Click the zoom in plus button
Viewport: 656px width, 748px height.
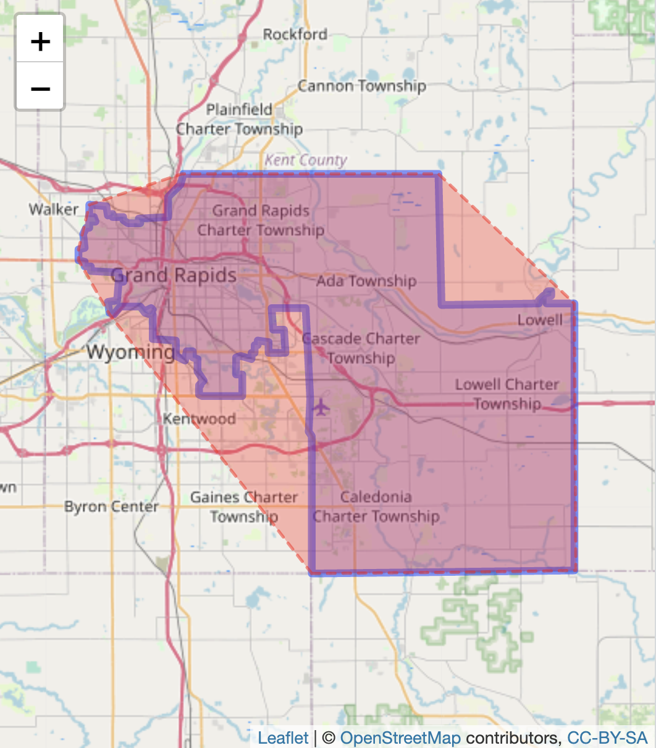[x=40, y=41]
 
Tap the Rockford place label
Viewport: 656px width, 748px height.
[x=295, y=35]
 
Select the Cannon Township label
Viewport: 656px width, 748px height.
[x=361, y=86]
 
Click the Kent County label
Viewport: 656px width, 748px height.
[x=306, y=160]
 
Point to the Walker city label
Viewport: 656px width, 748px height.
[x=54, y=209]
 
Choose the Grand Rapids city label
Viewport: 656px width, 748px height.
[x=174, y=275]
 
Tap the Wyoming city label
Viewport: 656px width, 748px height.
[x=130, y=352]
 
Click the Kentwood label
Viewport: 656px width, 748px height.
[x=199, y=419]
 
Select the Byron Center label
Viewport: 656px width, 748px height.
[x=111, y=507]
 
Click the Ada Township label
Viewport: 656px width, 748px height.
[x=366, y=281]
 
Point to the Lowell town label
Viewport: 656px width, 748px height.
[x=540, y=320]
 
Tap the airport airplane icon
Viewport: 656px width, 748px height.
[x=321, y=407]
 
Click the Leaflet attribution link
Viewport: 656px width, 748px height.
[x=283, y=738]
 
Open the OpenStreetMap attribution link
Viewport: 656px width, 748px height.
[x=400, y=738]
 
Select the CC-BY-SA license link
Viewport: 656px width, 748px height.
[x=607, y=738]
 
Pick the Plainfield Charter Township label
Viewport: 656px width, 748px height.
[x=240, y=119]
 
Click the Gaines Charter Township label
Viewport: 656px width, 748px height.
[x=244, y=507]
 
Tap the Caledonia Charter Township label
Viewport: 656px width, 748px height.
[x=376, y=507]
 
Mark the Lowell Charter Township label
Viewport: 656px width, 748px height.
[x=507, y=394]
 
